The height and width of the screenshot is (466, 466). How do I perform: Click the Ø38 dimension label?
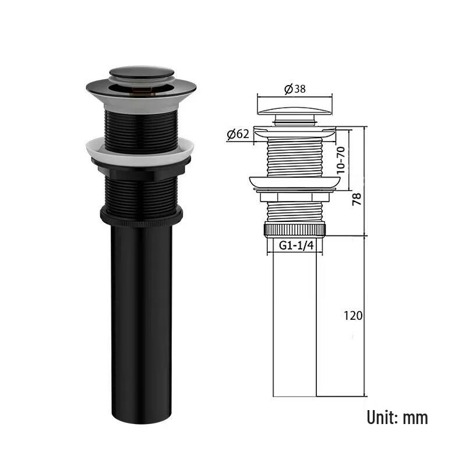tap(295, 89)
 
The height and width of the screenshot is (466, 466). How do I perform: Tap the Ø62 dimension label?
tap(238, 135)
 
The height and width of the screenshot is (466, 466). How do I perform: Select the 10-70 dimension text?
tap(341, 160)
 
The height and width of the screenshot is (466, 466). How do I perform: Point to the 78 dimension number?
tap(356, 199)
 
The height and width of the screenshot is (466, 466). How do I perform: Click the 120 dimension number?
tap(353, 316)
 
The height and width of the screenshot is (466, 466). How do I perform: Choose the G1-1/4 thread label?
tap(296, 245)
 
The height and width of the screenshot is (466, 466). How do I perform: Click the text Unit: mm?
tap(397, 417)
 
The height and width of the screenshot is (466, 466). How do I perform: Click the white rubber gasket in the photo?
tap(140, 151)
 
